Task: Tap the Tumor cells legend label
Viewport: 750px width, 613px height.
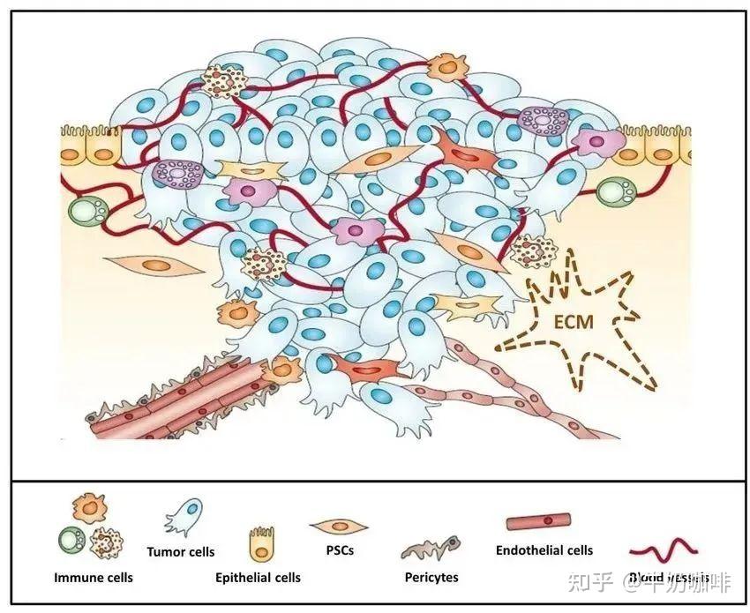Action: pos(181,552)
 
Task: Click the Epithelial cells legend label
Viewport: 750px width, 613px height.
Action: pos(258,578)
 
